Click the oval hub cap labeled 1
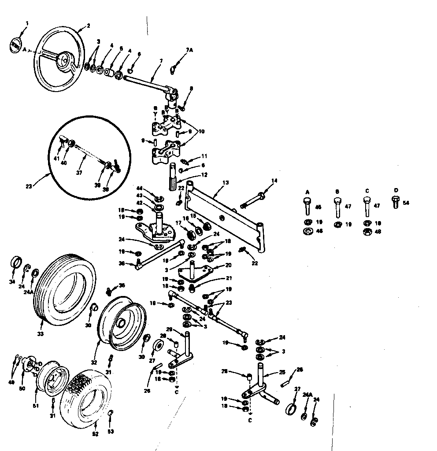[14, 45]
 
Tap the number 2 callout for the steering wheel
[88, 26]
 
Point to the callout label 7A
[189, 51]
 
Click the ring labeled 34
[15, 261]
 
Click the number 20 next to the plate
[228, 266]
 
